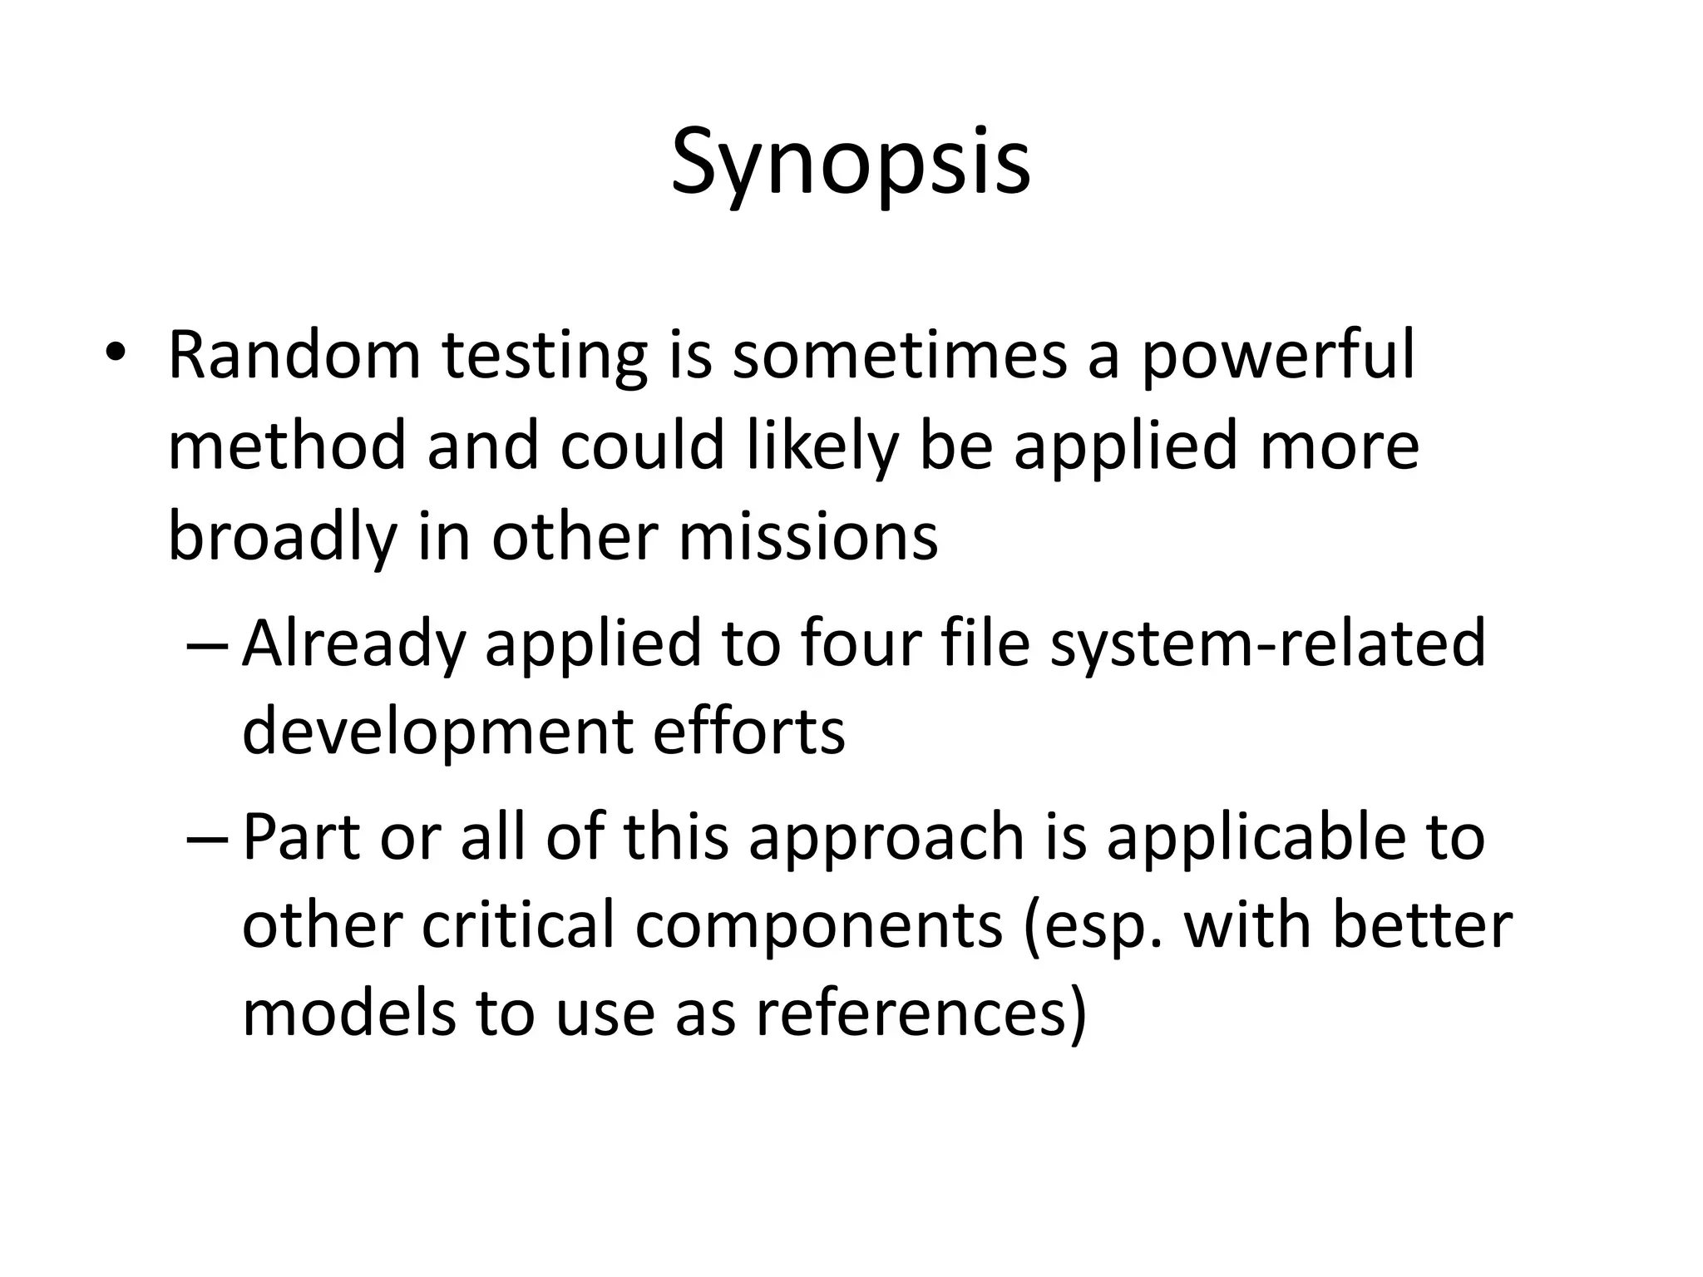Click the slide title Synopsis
(851, 163)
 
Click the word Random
(294, 355)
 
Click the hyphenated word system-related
(1267, 644)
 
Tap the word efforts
(749, 732)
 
